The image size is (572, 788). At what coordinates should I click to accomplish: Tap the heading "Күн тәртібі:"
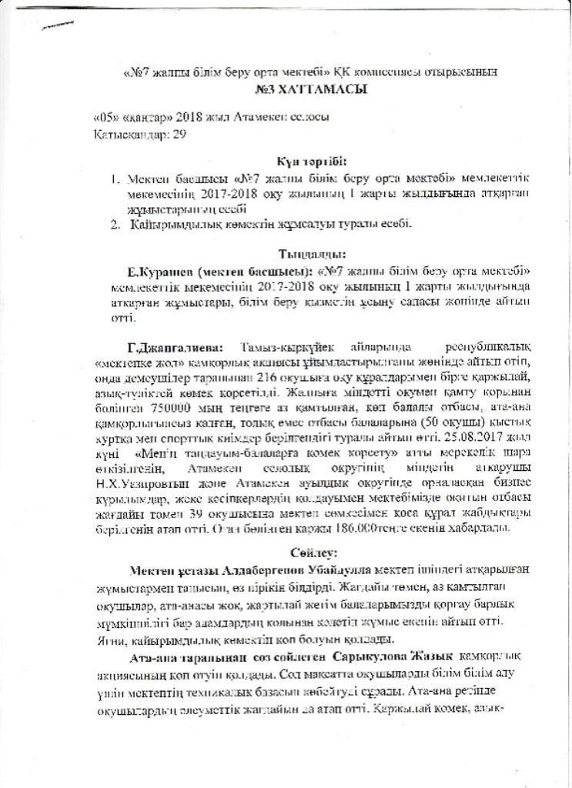(x=311, y=162)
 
